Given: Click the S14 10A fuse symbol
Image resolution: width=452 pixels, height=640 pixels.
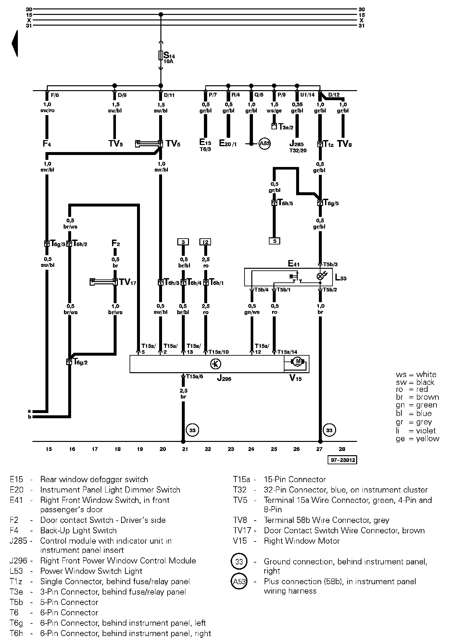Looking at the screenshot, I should coord(160,55).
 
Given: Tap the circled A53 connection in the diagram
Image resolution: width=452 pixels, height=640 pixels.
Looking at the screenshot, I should coord(265,144).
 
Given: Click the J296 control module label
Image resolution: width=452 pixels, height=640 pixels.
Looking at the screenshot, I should coord(224,378).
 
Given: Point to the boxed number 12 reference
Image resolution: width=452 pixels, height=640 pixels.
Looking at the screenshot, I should coord(205,242).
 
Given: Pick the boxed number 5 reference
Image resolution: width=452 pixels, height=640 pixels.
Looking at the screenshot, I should coord(274,241).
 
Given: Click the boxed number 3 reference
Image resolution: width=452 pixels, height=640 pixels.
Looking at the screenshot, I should coord(183,242).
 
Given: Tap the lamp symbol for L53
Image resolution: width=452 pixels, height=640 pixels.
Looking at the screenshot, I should coord(320,276).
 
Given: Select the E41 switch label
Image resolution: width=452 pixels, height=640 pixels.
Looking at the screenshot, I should coord(294,263).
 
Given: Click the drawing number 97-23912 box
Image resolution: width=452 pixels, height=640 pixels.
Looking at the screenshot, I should coord(343,460).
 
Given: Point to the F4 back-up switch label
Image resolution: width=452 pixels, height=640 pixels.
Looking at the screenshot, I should coord(47,144).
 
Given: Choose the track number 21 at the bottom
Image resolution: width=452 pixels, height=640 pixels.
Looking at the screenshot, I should coord(185,449).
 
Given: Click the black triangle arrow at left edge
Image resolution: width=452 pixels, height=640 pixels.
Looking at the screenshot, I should coord(15,43).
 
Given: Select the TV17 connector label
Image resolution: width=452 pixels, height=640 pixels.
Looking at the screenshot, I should coord(127,282).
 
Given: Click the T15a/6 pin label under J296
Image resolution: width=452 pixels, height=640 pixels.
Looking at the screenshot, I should coord(195,376).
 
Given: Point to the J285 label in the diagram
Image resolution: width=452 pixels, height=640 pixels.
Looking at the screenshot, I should coord(296,144).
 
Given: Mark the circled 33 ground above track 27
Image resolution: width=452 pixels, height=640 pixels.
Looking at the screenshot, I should coord(329,430).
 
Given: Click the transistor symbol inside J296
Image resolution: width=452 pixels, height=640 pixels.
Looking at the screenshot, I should coord(216,364).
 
